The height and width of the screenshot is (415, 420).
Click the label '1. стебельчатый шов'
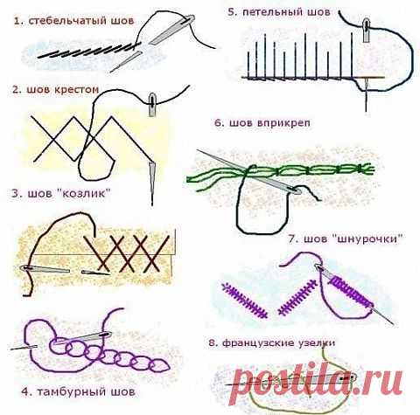point(73,21)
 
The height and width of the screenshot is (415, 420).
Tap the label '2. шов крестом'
point(55,89)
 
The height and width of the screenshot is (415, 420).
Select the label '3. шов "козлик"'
point(61,194)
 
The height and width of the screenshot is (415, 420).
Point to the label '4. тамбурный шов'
point(78,391)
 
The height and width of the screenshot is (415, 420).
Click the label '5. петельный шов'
point(279,12)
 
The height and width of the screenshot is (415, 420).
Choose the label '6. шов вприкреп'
point(262,123)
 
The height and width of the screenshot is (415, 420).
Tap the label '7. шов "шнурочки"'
point(346,239)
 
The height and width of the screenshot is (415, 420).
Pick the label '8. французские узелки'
point(272,342)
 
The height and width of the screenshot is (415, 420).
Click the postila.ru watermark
point(318,383)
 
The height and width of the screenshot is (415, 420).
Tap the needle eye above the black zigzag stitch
point(152,100)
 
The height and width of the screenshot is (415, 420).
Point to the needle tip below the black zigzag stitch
point(152,204)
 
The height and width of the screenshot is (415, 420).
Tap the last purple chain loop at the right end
point(160,366)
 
